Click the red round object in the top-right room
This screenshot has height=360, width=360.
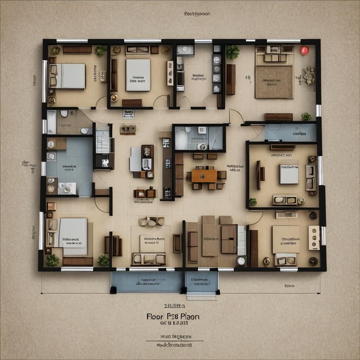pyautogui.click(x=304, y=50)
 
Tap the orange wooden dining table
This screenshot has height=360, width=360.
pyautogui.click(x=204, y=176)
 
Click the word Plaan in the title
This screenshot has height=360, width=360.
pyautogui.click(x=190, y=316)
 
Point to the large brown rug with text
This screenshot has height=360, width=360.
pyautogui.click(x=274, y=82)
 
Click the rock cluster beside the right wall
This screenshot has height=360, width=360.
pyautogui.click(x=309, y=75)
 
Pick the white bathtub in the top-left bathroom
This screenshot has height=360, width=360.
pyautogui.click(x=52, y=122)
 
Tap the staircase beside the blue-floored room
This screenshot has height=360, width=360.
pyautogui.click(x=103, y=137)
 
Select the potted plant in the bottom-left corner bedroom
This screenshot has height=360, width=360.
pyautogui.click(x=52, y=260)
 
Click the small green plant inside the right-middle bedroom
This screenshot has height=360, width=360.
pyautogui.click(x=253, y=202)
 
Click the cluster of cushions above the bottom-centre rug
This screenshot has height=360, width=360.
pyautogui.click(x=152, y=221)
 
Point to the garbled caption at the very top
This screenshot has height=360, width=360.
pyautogui.click(x=197, y=14)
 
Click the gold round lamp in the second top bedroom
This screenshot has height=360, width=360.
pyautogui.click(x=114, y=98)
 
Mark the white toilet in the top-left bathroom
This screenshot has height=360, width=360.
pyautogui.click(x=64, y=113)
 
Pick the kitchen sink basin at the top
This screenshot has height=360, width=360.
pyautogui.click(x=185, y=50)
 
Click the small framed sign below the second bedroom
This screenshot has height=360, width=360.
pyautogui.click(x=129, y=114)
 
